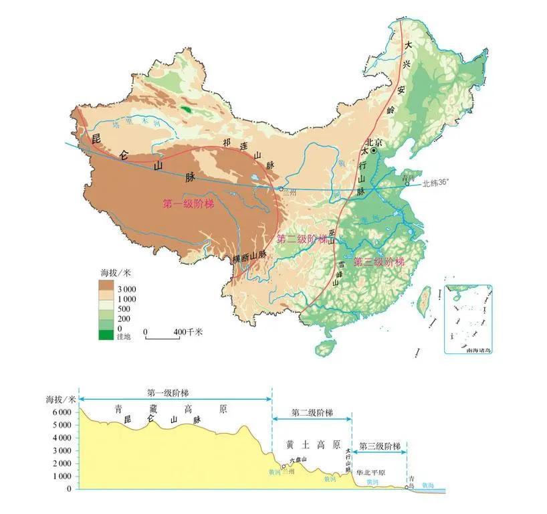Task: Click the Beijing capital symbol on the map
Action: [x=374, y=151]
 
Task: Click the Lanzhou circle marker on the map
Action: [x=280, y=189]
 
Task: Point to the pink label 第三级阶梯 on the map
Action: [x=379, y=261]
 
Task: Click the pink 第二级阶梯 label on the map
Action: [x=302, y=239]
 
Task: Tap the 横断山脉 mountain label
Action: [x=249, y=256]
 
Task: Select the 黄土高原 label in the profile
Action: [x=313, y=444]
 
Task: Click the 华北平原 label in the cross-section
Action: [x=371, y=471]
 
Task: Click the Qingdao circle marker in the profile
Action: [x=406, y=487]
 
